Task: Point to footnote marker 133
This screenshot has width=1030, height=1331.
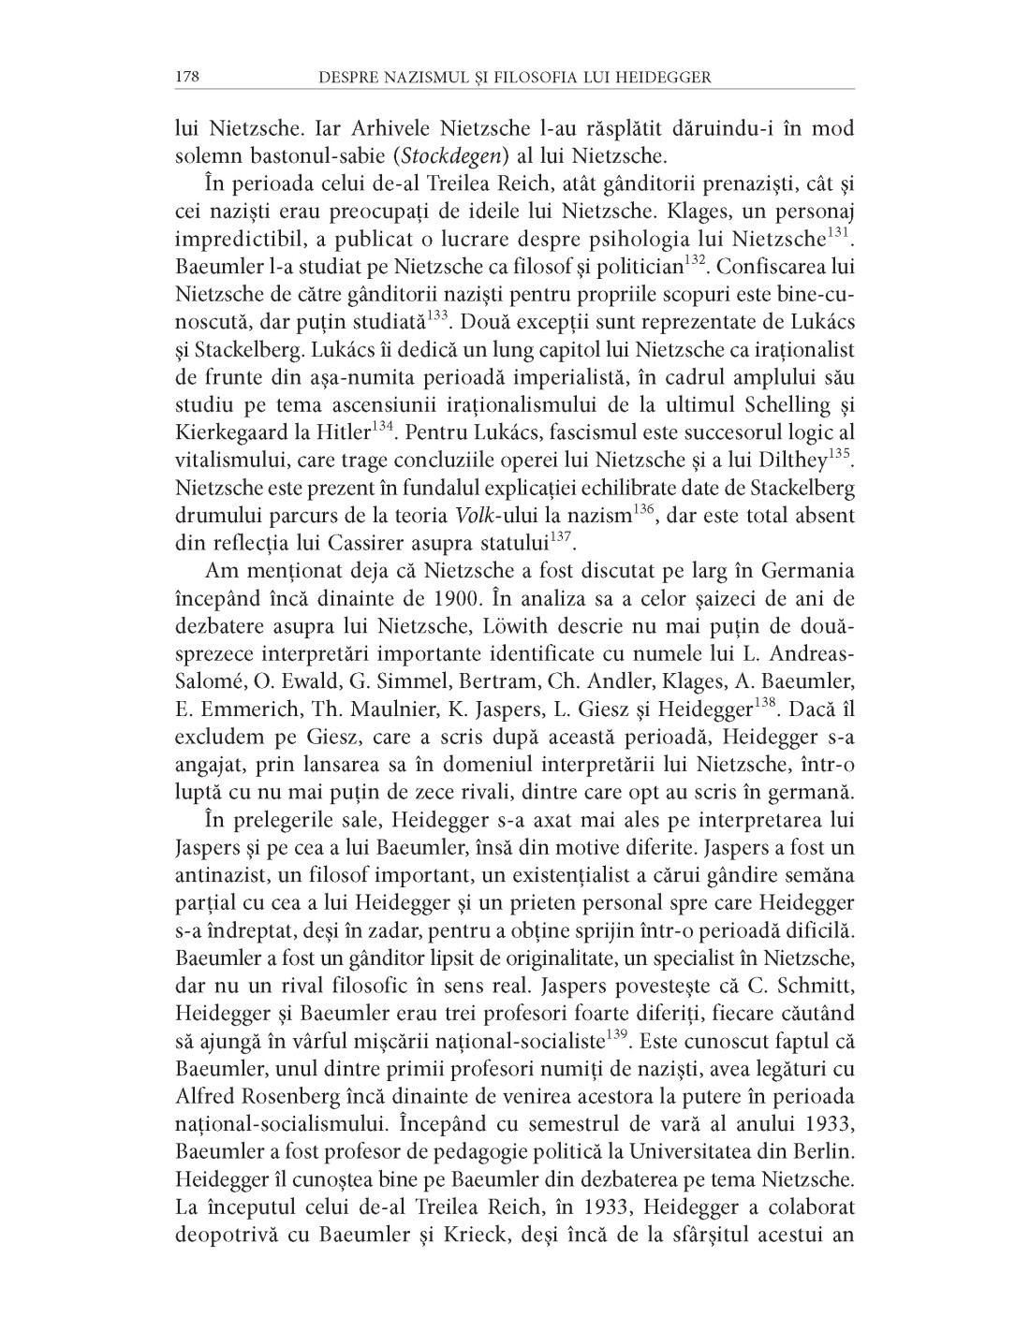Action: pyautogui.click(x=436, y=315)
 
